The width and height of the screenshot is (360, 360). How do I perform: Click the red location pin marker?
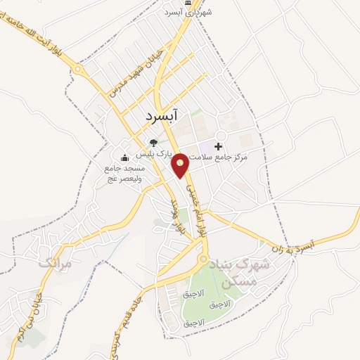(181, 164)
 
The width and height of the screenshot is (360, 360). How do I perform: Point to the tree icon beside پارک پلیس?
(153, 143)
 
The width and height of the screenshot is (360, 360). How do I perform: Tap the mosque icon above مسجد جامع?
(124, 157)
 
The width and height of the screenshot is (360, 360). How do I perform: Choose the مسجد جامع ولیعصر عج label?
(124, 173)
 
